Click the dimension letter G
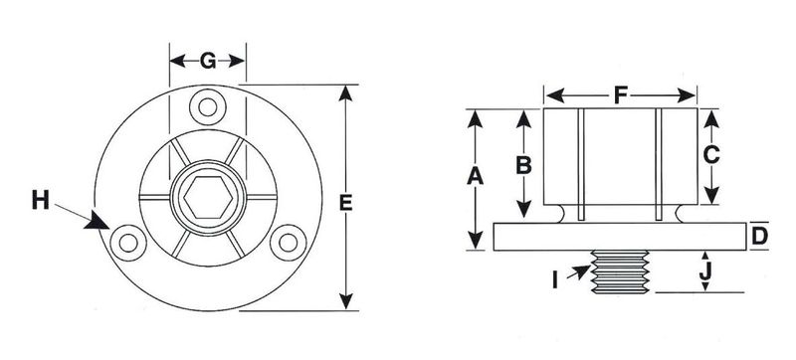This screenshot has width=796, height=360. click(x=208, y=62)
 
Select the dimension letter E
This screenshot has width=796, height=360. click(x=345, y=203)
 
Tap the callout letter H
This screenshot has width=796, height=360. click(x=41, y=200)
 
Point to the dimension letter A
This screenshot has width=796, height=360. click(x=476, y=176)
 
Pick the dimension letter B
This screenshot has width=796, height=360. click(x=523, y=165)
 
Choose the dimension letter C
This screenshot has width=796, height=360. click(x=711, y=155)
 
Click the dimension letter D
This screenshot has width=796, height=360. click(x=759, y=237)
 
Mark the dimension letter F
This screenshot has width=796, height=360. click(x=620, y=94)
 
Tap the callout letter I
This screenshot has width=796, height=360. click(x=555, y=280)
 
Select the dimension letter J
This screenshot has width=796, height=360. click(x=704, y=272)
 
